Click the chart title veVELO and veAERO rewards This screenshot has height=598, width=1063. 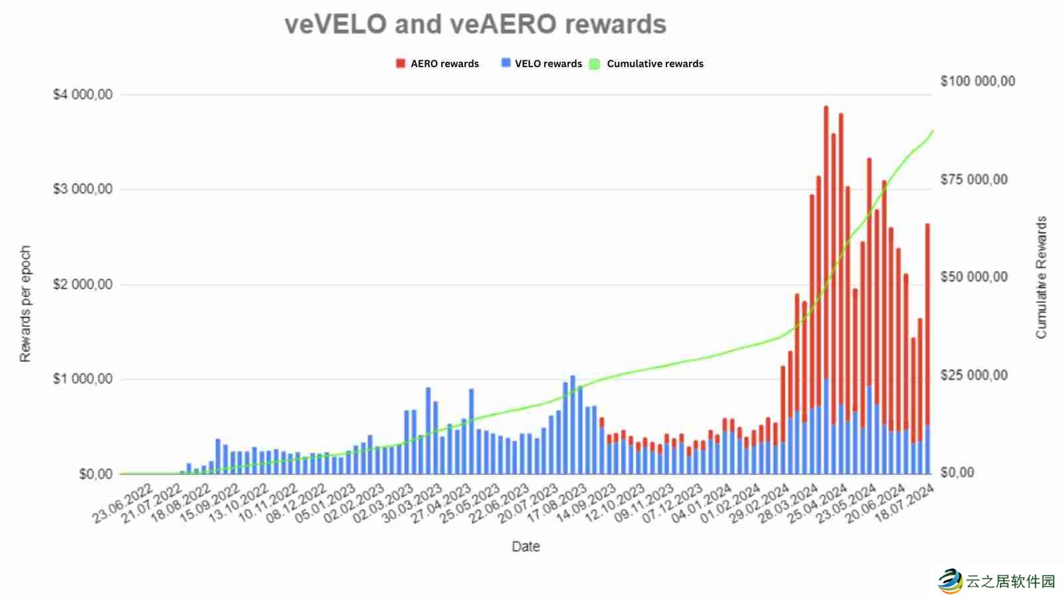click(x=475, y=25)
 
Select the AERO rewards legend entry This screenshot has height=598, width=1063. click(x=438, y=64)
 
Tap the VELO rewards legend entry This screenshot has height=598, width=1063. click(x=541, y=64)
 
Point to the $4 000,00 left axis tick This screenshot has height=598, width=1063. click(x=82, y=95)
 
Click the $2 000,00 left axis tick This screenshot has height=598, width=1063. click(x=82, y=284)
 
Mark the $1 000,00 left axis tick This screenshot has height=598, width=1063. click(x=82, y=379)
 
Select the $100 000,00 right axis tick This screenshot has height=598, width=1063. click(x=977, y=81)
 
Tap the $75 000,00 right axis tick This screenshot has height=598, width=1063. click(x=973, y=179)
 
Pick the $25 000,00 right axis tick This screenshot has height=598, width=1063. click(x=973, y=375)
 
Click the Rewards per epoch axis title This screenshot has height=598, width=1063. click(x=25, y=304)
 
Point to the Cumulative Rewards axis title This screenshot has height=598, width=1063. click(x=1041, y=277)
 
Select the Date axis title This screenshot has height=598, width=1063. click(x=526, y=546)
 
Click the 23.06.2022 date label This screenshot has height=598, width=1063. click(x=124, y=504)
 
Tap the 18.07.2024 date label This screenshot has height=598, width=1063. click(x=905, y=504)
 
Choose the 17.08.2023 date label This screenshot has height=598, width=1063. click(x=557, y=504)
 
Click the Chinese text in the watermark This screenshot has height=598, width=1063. click(x=1011, y=581)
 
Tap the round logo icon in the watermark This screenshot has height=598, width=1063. click(x=950, y=581)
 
